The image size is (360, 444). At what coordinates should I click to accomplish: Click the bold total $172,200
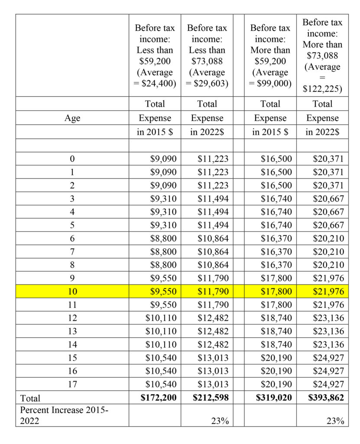159,397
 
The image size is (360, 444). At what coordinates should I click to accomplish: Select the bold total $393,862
328,397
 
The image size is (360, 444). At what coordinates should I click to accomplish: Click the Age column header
72,118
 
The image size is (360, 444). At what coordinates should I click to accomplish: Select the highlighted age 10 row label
72,291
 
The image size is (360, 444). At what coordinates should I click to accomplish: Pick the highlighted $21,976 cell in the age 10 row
328,291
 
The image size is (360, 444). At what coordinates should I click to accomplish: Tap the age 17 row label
72,384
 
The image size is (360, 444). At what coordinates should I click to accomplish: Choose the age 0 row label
72,159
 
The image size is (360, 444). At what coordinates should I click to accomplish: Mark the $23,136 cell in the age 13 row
328,331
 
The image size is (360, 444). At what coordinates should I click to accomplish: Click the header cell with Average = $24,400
155,55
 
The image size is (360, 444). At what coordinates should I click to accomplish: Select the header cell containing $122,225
322,55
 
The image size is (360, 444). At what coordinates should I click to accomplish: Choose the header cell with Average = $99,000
270,55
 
